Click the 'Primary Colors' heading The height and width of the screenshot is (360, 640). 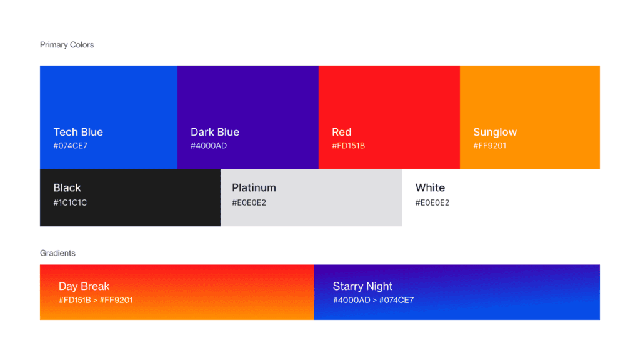(67, 45)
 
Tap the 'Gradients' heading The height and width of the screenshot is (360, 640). (57, 253)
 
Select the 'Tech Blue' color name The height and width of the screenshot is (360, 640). (78, 132)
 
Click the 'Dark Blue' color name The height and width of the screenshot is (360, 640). (215, 132)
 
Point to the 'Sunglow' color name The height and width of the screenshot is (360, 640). (495, 132)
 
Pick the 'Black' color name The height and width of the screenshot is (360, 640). (67, 187)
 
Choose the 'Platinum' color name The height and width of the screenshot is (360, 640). (254, 187)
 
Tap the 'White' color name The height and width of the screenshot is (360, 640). (430, 187)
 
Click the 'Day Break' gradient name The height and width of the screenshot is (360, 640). (84, 286)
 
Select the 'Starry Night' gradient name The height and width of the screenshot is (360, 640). (362, 286)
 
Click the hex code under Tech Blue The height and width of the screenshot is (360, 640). (71, 146)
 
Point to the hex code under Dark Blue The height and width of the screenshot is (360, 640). (209, 146)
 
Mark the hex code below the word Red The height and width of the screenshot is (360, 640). (349, 146)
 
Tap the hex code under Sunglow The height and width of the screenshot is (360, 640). (490, 146)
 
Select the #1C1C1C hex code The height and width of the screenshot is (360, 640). (70, 202)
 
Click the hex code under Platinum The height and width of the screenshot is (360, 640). (249, 202)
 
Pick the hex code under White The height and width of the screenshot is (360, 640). (432, 202)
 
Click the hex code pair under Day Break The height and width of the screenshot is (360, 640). (96, 301)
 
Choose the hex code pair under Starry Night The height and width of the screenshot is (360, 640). (374, 301)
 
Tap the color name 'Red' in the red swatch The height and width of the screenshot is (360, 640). (342, 132)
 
